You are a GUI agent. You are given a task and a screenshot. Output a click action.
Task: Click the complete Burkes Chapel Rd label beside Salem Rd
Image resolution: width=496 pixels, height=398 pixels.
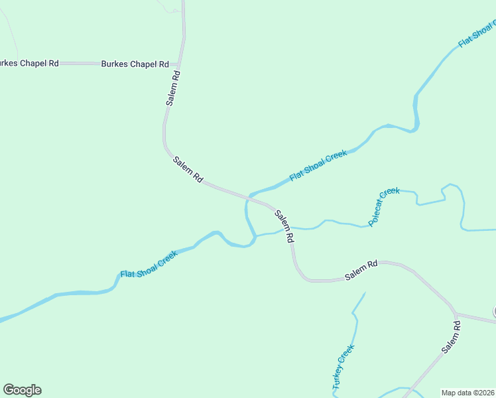[135, 64]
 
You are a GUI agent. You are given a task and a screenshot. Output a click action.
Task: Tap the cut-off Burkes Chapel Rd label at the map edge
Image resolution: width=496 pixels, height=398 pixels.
[29, 63]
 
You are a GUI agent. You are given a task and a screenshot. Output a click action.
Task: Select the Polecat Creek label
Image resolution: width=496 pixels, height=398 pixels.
[384, 207]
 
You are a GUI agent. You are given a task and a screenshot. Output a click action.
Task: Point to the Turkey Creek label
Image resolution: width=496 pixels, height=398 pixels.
[343, 366]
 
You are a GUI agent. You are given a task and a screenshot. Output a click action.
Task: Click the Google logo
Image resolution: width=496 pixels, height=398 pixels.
[22, 390]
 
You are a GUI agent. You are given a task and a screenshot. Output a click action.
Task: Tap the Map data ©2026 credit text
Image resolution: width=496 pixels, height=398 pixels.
[467, 393]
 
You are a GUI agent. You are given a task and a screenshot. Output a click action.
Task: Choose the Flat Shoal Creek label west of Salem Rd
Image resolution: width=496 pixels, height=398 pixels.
[149, 264]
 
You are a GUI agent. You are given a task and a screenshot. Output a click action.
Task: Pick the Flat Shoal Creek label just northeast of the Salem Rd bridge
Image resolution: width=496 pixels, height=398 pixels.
[318, 166]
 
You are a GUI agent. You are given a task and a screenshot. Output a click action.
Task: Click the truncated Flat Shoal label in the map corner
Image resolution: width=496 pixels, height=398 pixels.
[477, 33]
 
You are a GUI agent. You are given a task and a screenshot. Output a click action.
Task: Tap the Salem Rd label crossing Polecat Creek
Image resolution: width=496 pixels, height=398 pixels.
[283, 227]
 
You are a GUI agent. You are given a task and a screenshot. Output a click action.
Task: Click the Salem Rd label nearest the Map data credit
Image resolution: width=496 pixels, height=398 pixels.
[451, 339]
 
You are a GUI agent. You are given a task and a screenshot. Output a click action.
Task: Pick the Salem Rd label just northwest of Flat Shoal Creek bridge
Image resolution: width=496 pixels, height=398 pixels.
[188, 170]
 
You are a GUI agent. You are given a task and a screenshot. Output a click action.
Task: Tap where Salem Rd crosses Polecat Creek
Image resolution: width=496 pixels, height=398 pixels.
[288, 229]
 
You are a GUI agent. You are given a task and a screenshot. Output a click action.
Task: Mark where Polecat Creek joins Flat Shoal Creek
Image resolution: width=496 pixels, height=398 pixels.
[255, 235]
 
